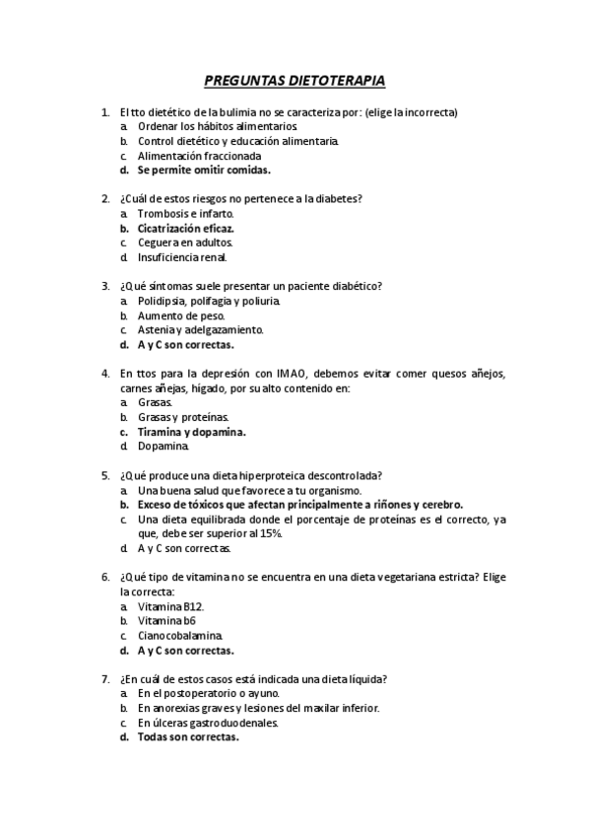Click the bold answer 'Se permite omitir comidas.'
[190, 170]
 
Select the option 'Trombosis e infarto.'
[186, 213]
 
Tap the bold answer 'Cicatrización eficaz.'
[186, 228]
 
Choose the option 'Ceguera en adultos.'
[185, 243]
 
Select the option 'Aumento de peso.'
[174, 315]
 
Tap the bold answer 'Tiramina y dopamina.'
[191, 431]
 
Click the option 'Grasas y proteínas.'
[183, 417]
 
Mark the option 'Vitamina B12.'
[170, 606]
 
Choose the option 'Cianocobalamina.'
[180, 636]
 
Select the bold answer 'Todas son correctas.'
[188, 736]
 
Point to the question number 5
[105, 475]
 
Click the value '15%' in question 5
[271, 533]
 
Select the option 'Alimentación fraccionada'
[199, 156]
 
